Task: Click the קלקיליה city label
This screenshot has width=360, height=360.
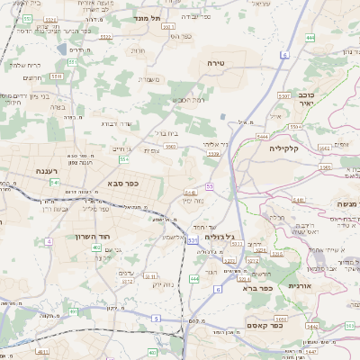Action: click(283, 147)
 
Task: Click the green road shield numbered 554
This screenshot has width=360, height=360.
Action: click(123, 159)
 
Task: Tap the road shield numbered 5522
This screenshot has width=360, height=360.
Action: click(106, 37)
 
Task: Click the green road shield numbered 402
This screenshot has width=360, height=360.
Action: click(96, 246)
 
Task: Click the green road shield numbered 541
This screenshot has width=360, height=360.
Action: click(55, 183)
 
